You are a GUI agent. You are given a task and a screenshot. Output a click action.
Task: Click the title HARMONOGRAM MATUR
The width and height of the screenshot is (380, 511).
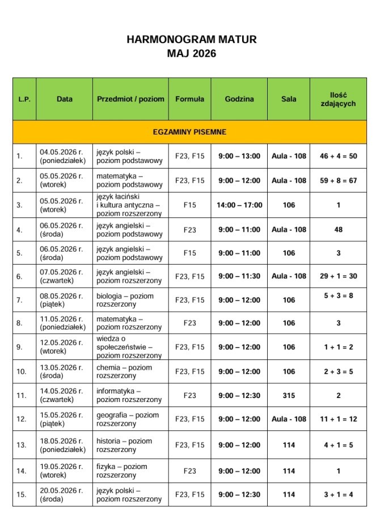192,40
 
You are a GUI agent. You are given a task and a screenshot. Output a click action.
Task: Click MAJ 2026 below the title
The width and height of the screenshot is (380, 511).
192,54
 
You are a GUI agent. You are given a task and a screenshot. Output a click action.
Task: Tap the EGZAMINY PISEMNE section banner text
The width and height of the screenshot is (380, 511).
189,132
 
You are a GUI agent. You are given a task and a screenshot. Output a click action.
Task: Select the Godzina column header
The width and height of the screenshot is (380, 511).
239,99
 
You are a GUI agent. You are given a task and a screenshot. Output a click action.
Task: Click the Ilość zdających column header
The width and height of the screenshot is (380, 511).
338,99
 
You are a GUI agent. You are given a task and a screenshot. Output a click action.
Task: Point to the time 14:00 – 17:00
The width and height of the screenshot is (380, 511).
239,205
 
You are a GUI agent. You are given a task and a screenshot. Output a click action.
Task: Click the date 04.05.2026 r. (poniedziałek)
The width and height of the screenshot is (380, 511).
62,156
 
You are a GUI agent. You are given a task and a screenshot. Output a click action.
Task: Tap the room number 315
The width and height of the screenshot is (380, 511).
289,396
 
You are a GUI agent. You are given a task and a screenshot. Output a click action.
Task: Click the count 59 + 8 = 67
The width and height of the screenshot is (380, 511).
338,181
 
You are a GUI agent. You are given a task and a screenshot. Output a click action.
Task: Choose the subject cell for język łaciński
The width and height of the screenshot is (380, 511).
129,205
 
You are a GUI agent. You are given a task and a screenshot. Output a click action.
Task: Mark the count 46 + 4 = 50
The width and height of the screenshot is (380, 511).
338,156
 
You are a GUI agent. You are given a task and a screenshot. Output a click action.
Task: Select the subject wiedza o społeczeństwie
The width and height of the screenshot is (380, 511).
129,347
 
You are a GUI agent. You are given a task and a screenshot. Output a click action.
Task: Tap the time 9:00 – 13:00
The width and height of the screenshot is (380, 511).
239,156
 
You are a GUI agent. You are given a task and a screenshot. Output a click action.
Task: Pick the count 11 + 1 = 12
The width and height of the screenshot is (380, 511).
338,420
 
